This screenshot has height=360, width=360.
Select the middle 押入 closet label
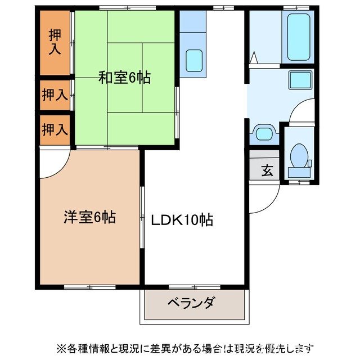55,94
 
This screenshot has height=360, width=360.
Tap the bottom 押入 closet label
55,129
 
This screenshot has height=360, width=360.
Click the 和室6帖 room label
125,78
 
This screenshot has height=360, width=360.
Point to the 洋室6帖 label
89,217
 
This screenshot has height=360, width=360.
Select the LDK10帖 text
182,220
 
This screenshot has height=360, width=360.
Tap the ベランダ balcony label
191,304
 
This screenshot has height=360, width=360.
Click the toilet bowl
299,153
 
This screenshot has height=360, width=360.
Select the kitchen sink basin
194,59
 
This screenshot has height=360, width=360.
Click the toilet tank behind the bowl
298,172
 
